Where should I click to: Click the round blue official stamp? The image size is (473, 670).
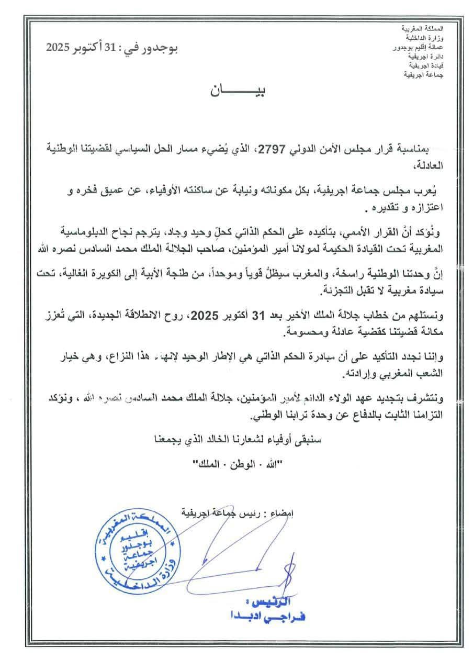click(151, 552)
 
